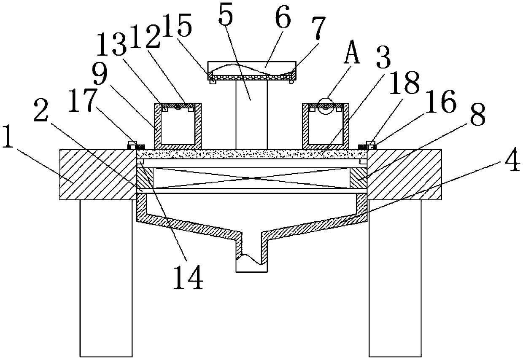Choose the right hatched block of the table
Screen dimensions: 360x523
[x=405, y=175]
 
